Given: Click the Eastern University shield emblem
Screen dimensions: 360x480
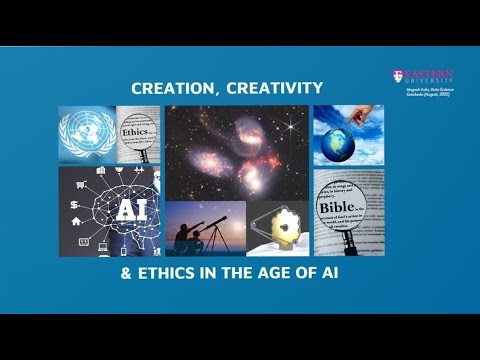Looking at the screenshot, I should [399, 76].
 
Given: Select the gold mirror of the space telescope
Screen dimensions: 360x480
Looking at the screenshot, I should [275, 226].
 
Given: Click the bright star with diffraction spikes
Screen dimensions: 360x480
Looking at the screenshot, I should [293, 127].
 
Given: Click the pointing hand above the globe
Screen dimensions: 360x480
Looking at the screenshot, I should [352, 119].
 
